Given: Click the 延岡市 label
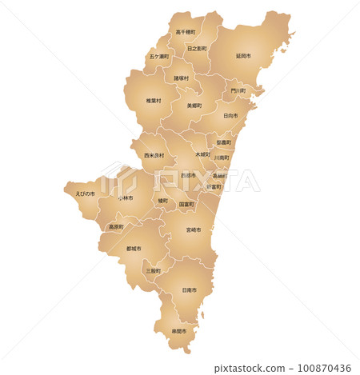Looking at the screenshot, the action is point(243,57).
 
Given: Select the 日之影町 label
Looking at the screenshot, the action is point(196,49).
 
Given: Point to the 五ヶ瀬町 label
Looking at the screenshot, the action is point(158,58).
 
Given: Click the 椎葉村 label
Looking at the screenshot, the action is point(154,101).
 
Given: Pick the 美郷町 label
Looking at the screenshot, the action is point(194,105).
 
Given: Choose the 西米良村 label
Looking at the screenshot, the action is point(154,155).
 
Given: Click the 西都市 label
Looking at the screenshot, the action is point(188,175).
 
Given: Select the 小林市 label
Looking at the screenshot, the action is point(126,197).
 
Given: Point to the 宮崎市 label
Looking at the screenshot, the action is point(194,229).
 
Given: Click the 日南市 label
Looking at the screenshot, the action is point(190,290).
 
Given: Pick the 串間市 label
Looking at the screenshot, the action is point(178,331).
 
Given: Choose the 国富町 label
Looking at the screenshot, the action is point(186,205).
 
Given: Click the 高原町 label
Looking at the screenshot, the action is point(116,227).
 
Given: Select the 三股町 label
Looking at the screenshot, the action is point(153,271).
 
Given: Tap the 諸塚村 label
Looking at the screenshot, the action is point(182,78).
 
